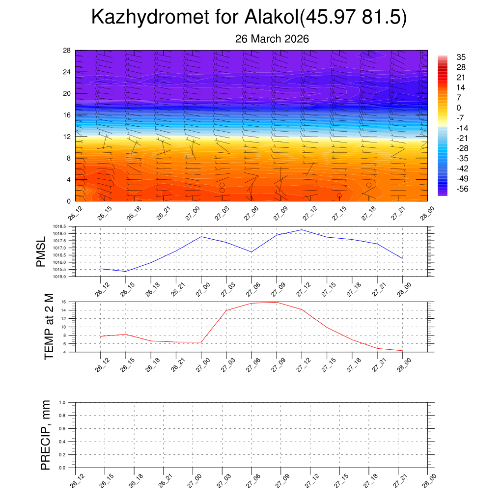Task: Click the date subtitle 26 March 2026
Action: [x=272, y=39]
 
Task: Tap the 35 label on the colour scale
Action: [x=461, y=57]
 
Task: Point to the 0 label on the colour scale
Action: [x=459, y=108]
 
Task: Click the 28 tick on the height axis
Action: [x=67, y=51]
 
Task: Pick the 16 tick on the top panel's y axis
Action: [x=67, y=115]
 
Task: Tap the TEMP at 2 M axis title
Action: [x=49, y=327]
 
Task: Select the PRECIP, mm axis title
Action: [x=46, y=435]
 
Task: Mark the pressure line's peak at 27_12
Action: [x=302, y=229]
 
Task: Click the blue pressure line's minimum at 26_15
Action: [x=126, y=272]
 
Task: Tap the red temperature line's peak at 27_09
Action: [x=277, y=302]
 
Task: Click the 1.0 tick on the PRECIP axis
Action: [x=69, y=402]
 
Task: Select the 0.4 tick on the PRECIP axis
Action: [x=69, y=442]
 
